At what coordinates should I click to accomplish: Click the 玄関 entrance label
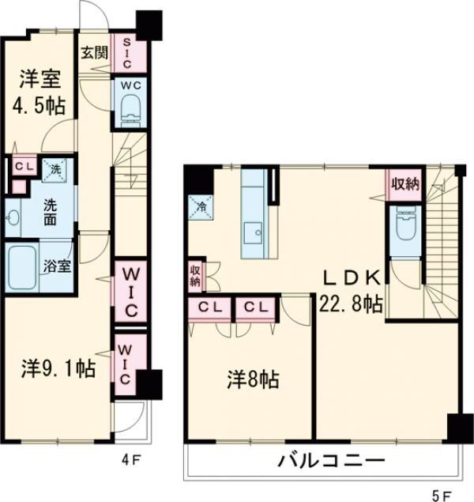coord(94,54)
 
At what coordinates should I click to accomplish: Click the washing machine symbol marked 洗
coord(55,168)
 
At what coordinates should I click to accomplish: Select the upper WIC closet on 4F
coord(129,290)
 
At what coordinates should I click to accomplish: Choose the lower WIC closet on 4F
coord(127,362)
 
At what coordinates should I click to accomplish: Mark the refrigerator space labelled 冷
coord(197,206)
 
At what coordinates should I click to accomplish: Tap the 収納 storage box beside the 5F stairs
coord(403,185)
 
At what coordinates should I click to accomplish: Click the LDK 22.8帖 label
coord(352,291)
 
